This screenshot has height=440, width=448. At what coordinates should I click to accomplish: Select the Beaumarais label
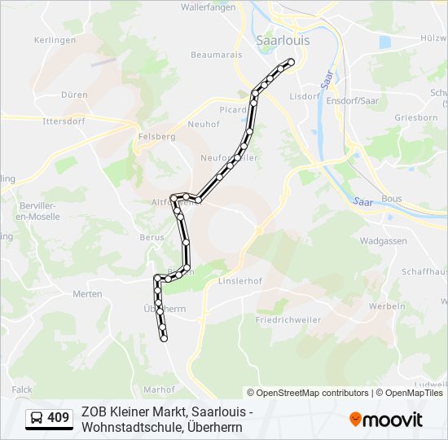tap(212, 55)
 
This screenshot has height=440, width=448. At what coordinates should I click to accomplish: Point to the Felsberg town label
tap(157, 137)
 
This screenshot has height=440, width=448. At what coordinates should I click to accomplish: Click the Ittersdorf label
tap(64, 121)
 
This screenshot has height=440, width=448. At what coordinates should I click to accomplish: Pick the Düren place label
tap(74, 95)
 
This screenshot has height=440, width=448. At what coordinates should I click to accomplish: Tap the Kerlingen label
tap(55, 40)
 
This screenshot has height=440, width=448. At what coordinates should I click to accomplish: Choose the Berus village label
tap(152, 237)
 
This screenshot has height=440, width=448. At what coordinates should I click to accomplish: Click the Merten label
tap(87, 293)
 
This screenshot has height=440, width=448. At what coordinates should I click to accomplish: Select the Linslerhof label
tap(238, 281)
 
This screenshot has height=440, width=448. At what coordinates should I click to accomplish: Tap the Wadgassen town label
tap(382, 242)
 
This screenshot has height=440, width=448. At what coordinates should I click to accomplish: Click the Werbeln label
tap(387, 306)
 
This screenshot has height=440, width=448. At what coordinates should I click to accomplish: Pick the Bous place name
tap(391, 198)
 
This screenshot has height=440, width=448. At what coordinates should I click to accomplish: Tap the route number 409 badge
tap(49, 418)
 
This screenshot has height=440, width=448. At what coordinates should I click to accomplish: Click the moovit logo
tap(386, 419)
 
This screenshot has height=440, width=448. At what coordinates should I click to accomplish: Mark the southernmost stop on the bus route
tap(164, 339)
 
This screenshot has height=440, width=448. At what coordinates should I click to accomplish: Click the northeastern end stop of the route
tap(290, 62)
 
